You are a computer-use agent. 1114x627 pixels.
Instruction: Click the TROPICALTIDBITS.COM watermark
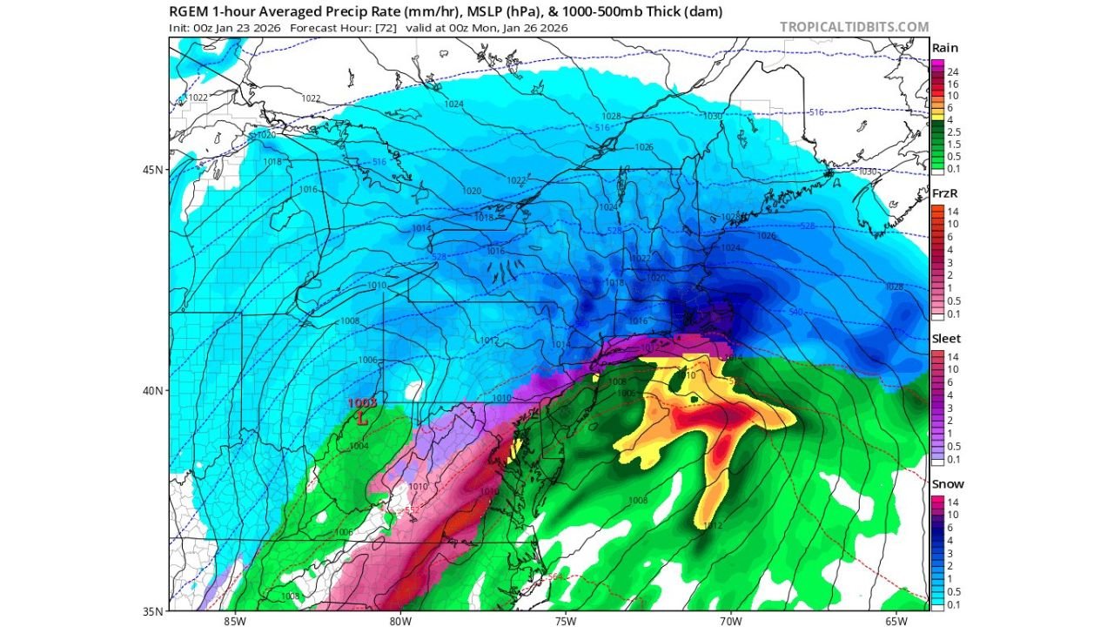pyautogui.click(x=854, y=27)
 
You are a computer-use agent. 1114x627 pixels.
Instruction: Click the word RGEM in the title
pyautogui.click(x=189, y=11)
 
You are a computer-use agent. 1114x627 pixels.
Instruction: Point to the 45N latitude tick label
pyautogui.click(x=152, y=170)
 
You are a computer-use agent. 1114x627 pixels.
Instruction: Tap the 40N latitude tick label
pyautogui.click(x=152, y=391)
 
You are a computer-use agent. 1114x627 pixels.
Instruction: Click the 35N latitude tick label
pyautogui.click(x=152, y=611)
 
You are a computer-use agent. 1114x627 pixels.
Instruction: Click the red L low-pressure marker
pyautogui.click(x=363, y=418)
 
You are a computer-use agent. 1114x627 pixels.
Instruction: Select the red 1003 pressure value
pyautogui.click(x=362, y=403)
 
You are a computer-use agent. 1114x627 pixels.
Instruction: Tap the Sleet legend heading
pyautogui.click(x=946, y=339)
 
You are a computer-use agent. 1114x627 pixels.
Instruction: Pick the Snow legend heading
pyautogui.click(x=947, y=484)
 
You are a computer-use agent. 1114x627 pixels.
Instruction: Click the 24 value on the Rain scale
pyautogui.click(x=954, y=71)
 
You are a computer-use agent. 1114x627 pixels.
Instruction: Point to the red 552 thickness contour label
pyautogui.click(x=413, y=510)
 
